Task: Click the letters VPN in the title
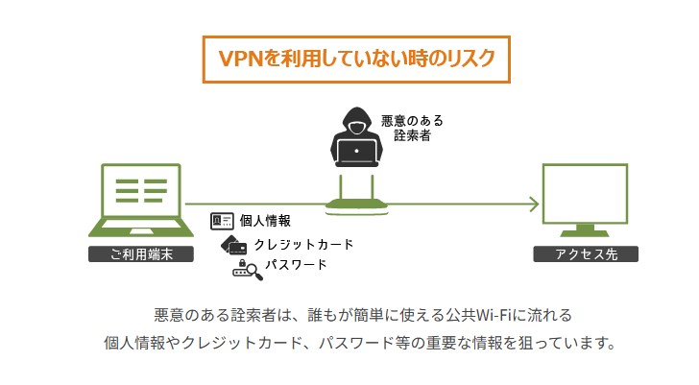tap(241, 59)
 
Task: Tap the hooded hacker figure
tap(356, 136)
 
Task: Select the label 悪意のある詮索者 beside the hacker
tap(412, 128)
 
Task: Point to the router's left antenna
tap(341, 187)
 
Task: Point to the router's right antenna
tap(373, 187)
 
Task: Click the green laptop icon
tap(141, 200)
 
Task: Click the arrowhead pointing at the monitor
tap(534, 205)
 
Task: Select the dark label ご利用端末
tap(141, 254)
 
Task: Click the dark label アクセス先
tap(586, 254)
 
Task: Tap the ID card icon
tap(222, 221)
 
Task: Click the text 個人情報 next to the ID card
tap(265, 221)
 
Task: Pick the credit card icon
tap(234, 245)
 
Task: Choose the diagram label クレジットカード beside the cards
tap(303, 244)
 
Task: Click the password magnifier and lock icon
tap(248, 270)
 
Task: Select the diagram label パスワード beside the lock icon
tap(296, 265)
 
